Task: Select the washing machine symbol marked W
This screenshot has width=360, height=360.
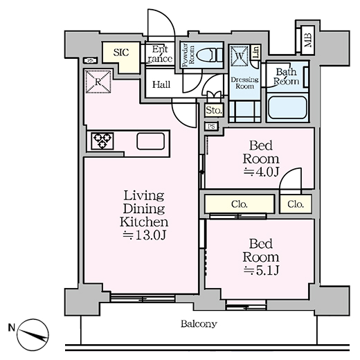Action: point(240,54)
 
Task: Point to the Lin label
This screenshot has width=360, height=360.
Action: point(255,53)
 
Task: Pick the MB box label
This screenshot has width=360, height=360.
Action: point(307,41)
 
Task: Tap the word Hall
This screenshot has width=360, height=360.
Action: point(161,84)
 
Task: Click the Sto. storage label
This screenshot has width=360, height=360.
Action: point(213,110)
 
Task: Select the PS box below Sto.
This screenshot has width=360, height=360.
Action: point(212,126)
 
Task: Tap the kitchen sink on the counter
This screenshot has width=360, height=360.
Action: point(151,141)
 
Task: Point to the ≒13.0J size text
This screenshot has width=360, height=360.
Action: point(144,235)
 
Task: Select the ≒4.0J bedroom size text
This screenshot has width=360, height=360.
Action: point(260,171)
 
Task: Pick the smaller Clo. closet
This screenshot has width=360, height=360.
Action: point(296,204)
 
